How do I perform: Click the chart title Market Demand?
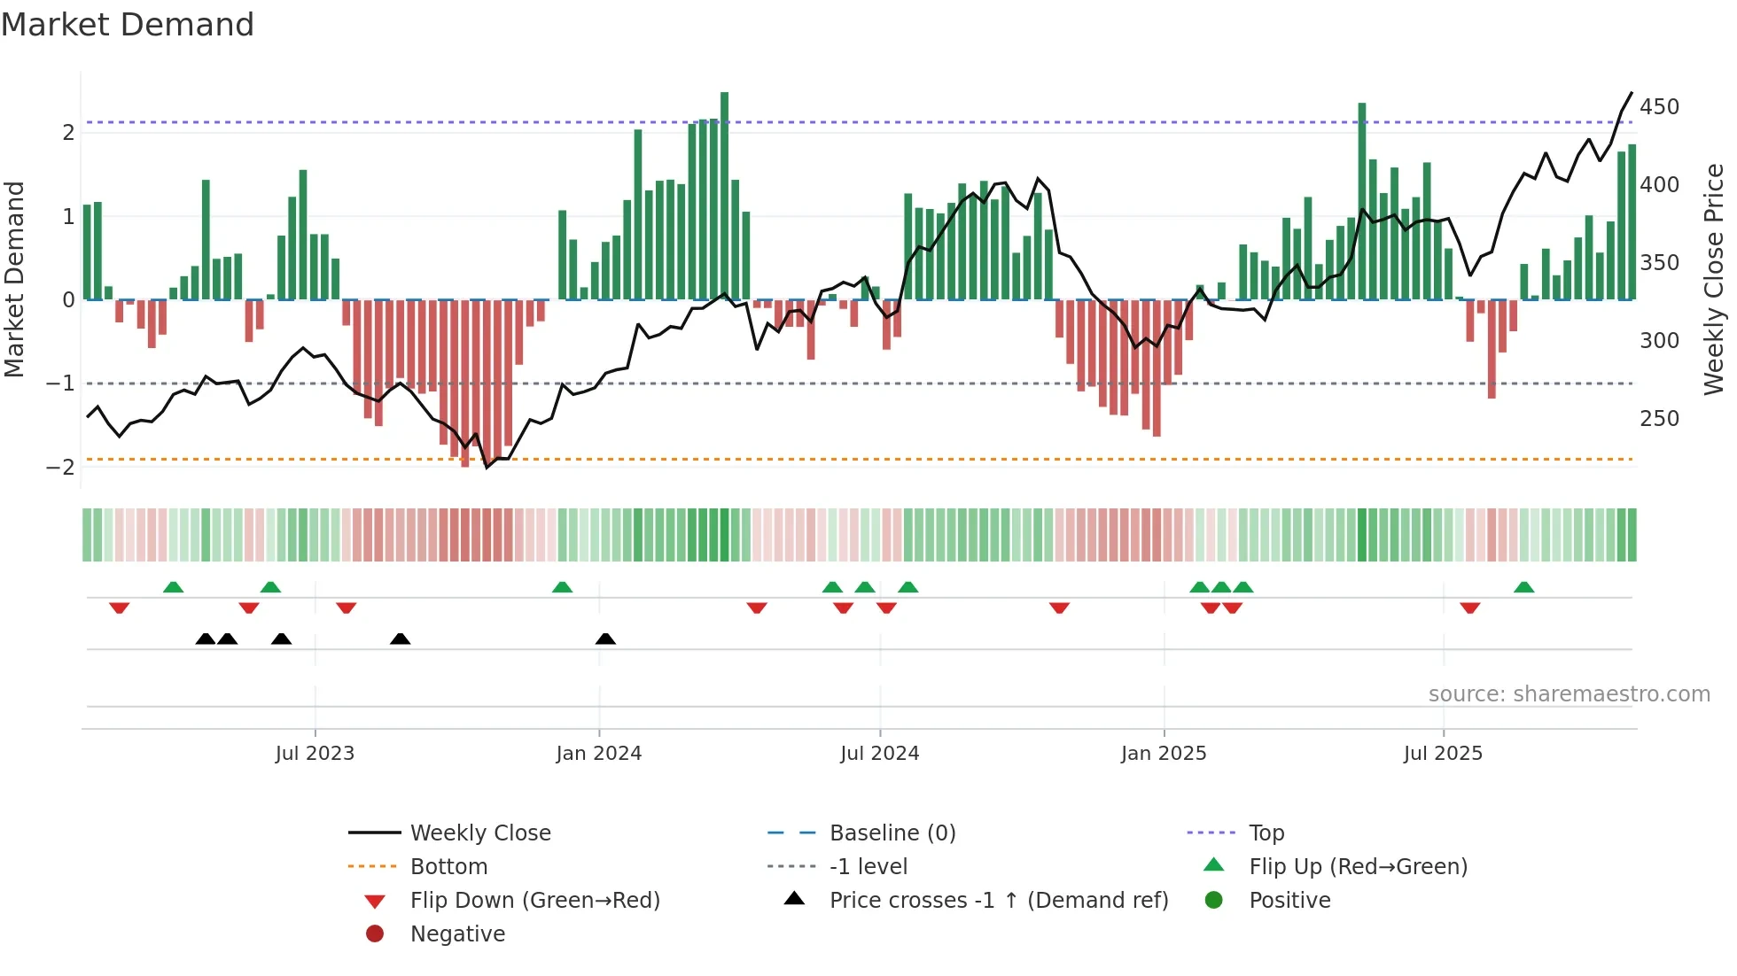pos(128,24)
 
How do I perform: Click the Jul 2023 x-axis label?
pos(315,754)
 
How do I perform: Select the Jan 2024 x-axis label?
pos(598,754)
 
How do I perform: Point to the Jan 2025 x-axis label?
pos(1163,754)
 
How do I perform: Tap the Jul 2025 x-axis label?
pos(1443,754)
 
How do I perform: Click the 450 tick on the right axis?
pos(1659,107)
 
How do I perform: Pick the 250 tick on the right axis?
pos(1659,419)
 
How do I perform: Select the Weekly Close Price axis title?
pos(1714,279)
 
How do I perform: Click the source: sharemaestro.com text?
pos(1569,694)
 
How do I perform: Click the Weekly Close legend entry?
pos(479,833)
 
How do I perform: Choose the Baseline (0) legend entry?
pos(892,833)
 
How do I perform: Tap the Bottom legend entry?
pos(448,867)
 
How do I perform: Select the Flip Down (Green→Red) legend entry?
pos(534,901)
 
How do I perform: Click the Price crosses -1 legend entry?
pos(998,901)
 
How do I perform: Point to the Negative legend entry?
pos(457,934)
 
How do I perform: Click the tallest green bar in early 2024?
pos(724,195)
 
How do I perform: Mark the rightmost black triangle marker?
pos(605,639)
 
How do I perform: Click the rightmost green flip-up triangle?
pos(1523,587)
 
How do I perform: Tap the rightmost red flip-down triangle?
pos(1469,608)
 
